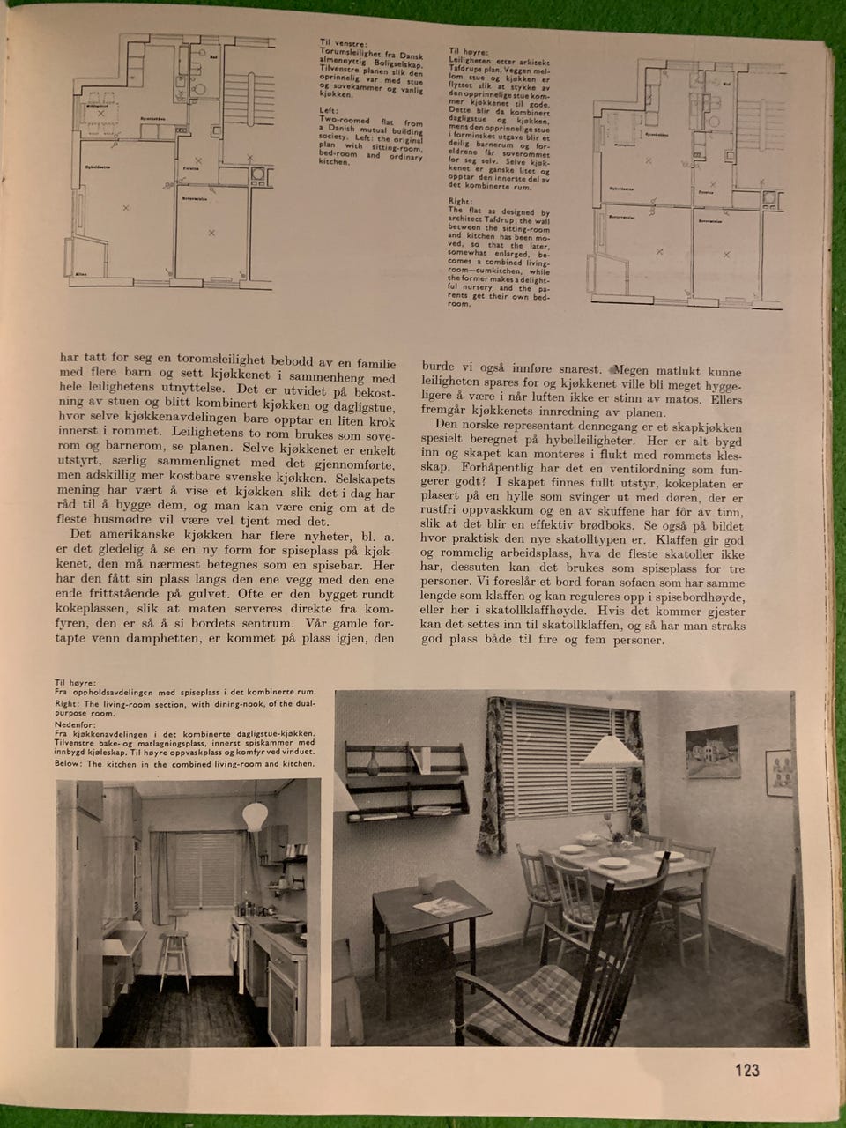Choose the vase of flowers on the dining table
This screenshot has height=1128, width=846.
(x=608, y=828)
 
